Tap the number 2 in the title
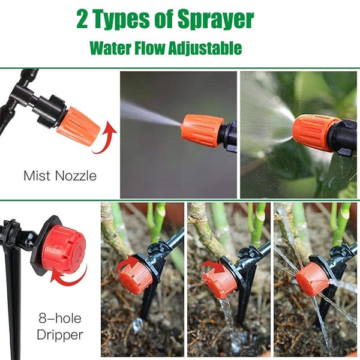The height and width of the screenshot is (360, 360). [x=82, y=20]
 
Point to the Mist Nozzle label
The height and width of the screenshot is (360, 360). [x=59, y=176]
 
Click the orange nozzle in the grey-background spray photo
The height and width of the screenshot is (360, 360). [x=202, y=130]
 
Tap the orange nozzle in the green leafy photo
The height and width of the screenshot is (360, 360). [x=316, y=131]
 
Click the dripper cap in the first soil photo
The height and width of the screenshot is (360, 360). [x=136, y=278]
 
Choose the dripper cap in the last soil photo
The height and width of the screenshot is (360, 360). [x=311, y=278]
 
